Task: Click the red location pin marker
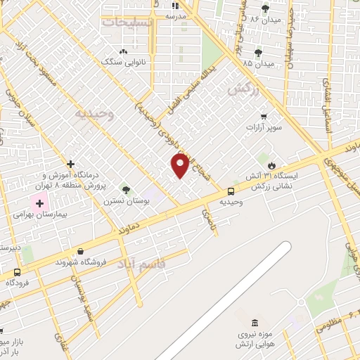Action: (x=180, y=165)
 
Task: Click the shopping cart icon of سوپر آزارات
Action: (x=264, y=116)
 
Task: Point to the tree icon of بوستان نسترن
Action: (x=126, y=189)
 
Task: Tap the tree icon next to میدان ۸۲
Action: (x=265, y=8)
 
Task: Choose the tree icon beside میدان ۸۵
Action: (x=258, y=53)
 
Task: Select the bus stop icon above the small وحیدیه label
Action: (x=231, y=191)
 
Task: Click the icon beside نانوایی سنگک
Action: (x=124, y=51)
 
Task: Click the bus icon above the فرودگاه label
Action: (x=17, y=272)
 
